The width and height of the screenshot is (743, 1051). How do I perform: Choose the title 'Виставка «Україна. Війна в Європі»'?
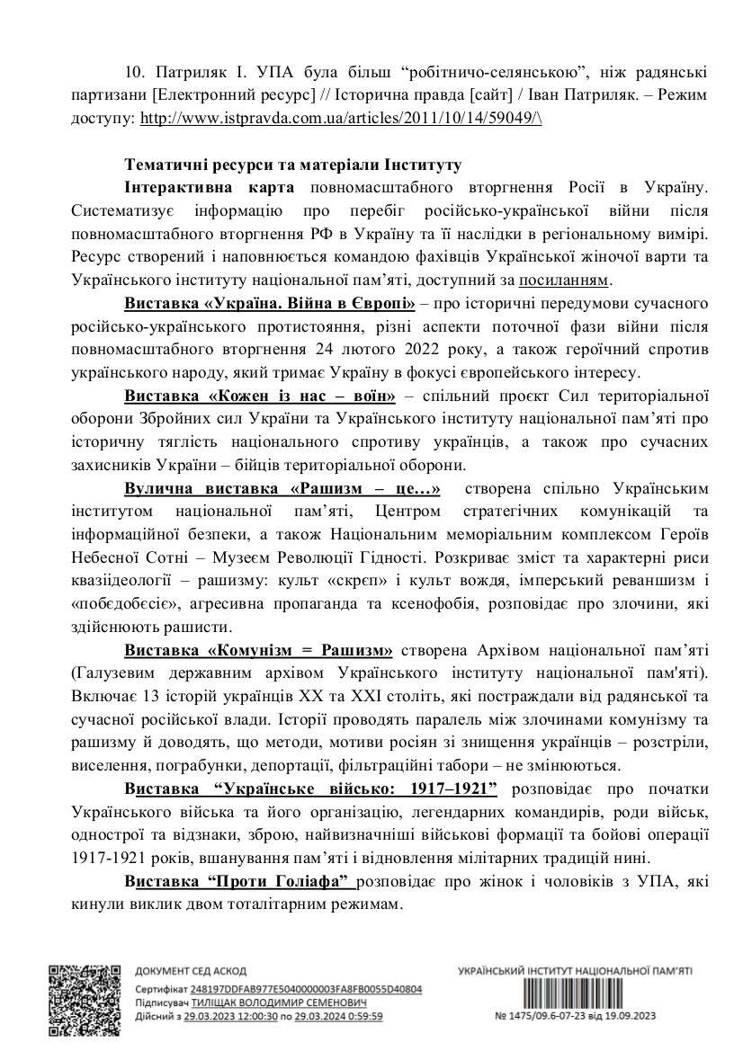tap(271, 301)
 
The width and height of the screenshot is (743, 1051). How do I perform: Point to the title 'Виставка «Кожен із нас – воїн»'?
tap(261, 395)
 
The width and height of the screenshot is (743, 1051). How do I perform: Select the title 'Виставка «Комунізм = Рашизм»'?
tap(259, 648)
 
